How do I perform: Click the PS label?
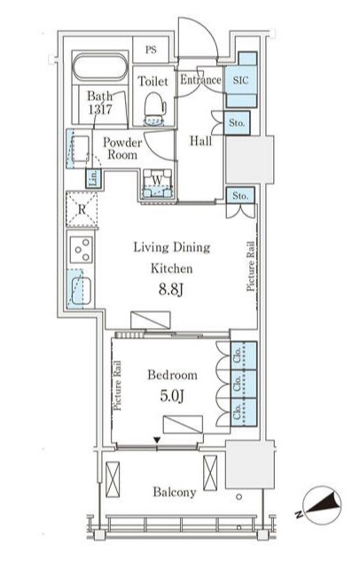pos(151,50)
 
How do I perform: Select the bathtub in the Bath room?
pos(100,67)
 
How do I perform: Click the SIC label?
pos(240,80)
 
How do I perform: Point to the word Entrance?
pos(200,80)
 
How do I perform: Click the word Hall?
pos(200,140)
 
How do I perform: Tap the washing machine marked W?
pos(157,183)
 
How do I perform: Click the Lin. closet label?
pos(94,178)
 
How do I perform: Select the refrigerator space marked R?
pos(82,209)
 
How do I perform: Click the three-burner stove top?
pos(82,250)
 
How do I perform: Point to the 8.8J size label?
pos(171,290)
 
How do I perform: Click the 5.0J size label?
pos(172,395)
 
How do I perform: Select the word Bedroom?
pos(172,375)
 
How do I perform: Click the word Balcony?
pos(175,492)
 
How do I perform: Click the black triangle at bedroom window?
pos(157,440)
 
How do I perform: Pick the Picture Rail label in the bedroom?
pos(117,386)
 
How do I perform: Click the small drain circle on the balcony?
pos(239,496)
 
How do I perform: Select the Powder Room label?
pos(122,148)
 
